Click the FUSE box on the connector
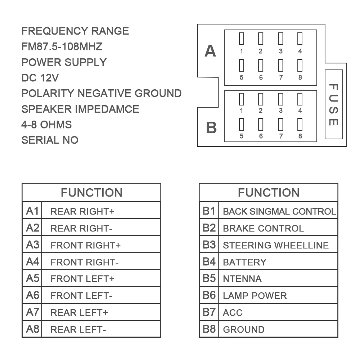[333, 104]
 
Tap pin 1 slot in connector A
[242, 39]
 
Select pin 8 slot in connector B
[300, 125]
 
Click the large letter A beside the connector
[210, 51]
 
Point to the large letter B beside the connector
[211, 128]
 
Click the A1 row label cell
[32, 211]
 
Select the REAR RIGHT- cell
[101, 228]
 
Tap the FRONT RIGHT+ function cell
[101, 245]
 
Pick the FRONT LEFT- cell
[101, 296]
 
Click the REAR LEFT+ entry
[101, 312]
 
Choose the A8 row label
[32, 329]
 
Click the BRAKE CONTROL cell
[278, 228]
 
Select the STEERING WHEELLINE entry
[278, 245]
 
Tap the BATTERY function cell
[278, 262]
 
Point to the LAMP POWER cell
[278, 296]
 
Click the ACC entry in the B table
[278, 312]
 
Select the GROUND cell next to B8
[278, 329]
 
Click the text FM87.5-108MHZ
[62, 46]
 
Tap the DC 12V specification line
[40, 78]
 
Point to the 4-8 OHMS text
[46, 125]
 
